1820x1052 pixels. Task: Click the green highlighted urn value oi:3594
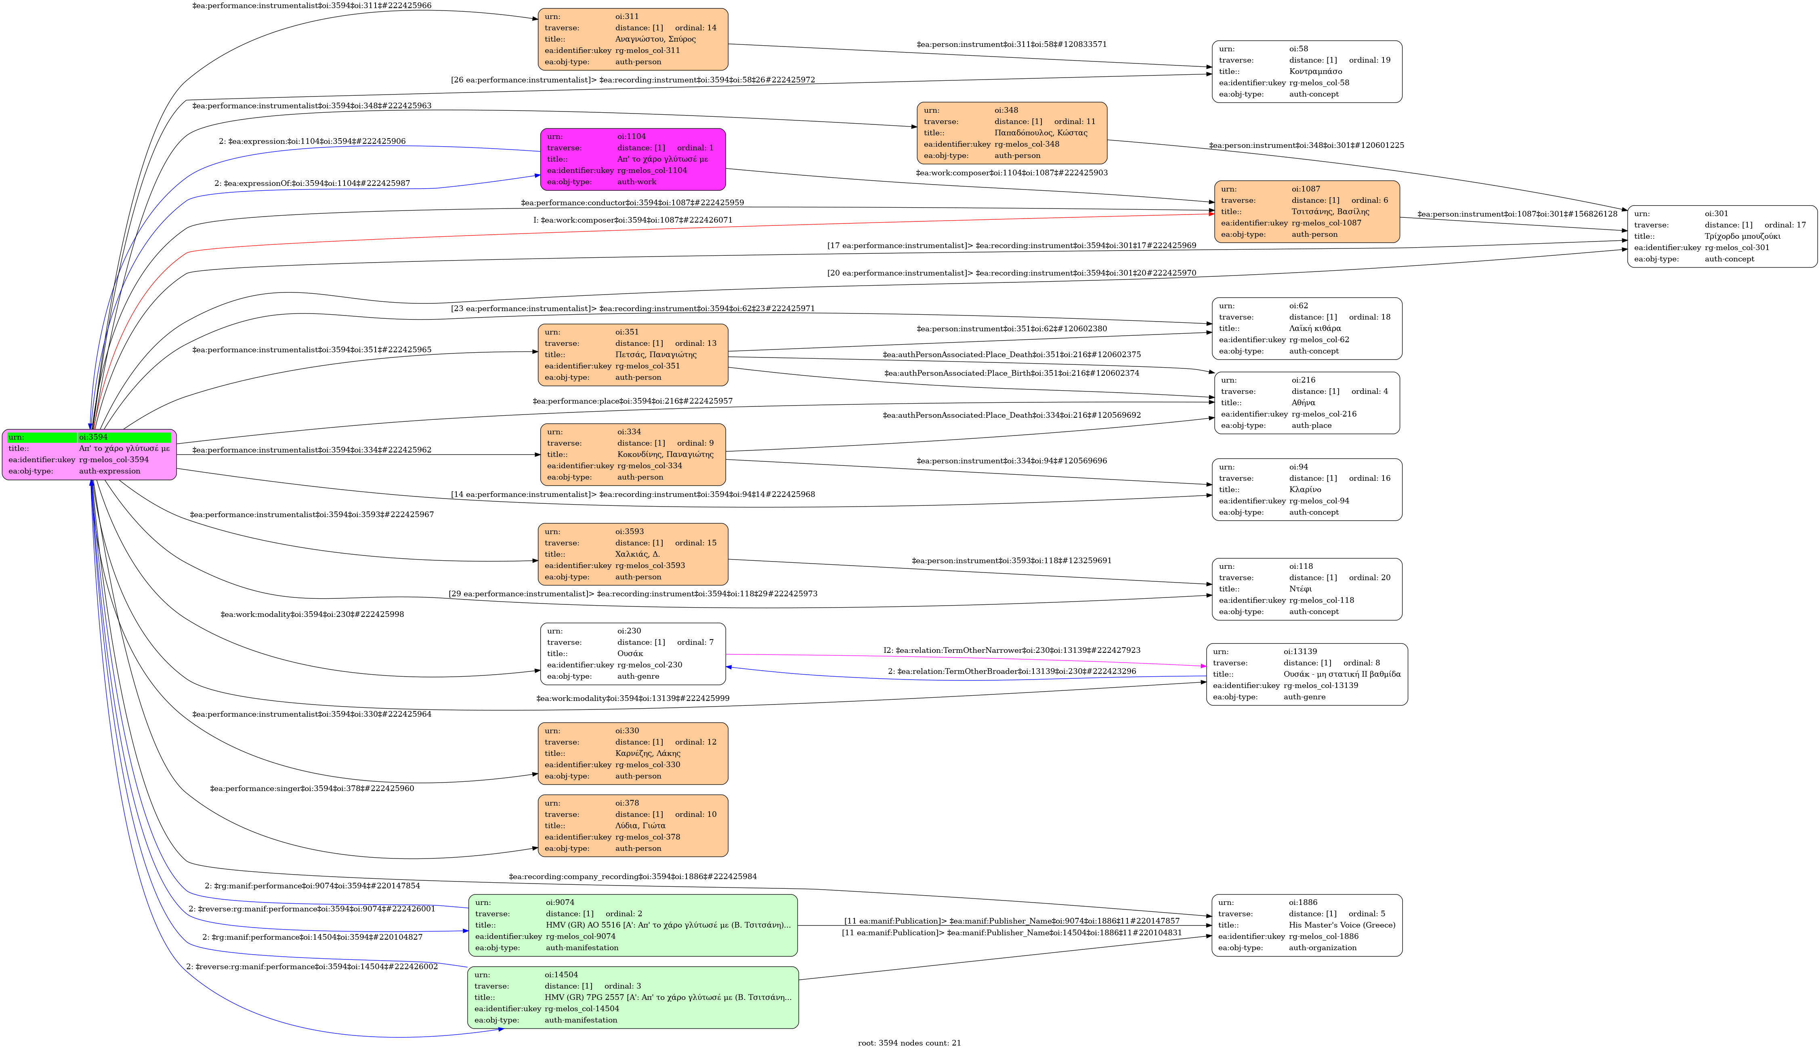[x=124, y=437]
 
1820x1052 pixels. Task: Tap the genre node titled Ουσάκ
[x=633, y=654]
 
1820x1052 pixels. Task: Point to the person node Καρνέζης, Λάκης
[x=633, y=753]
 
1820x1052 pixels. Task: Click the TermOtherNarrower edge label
[x=1012, y=650]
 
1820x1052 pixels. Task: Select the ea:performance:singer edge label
[x=312, y=788]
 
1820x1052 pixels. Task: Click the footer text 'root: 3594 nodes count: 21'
[x=909, y=1043]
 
